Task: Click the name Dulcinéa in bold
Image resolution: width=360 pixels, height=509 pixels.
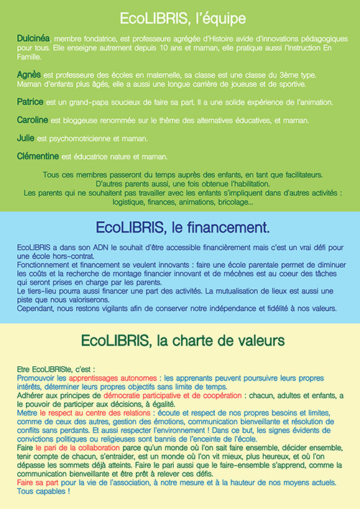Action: click(x=33, y=37)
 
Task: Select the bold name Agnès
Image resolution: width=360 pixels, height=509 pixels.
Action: click(x=28, y=75)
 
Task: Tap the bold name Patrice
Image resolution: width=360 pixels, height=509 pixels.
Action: click(x=30, y=102)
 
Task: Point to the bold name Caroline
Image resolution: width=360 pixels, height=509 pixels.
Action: click(x=32, y=121)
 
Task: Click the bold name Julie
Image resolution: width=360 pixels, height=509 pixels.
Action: click(x=25, y=137)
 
